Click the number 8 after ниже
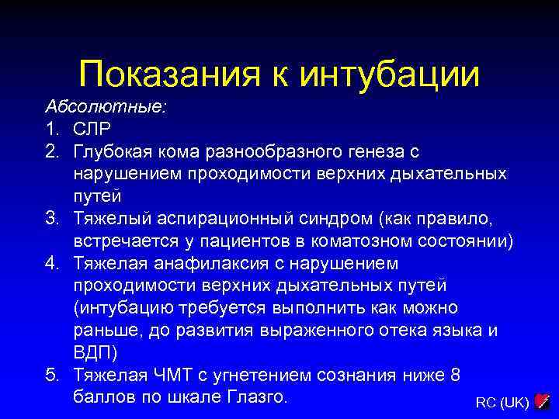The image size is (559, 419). [454, 374]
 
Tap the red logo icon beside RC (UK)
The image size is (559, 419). [543, 401]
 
